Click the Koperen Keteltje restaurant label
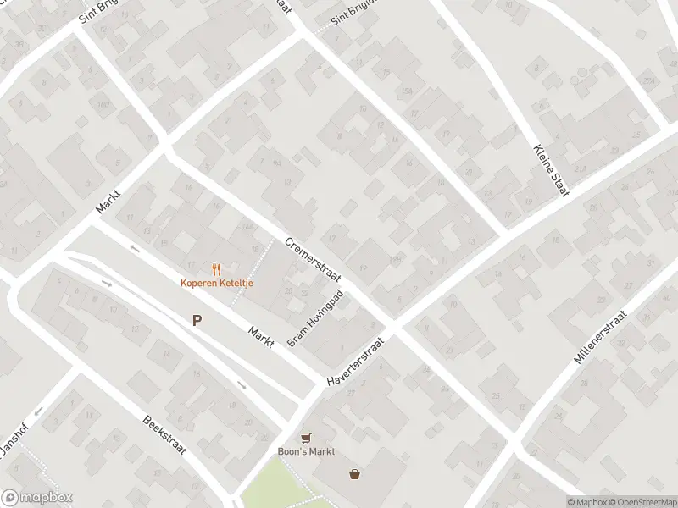click(215, 283)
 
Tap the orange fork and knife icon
click(216, 269)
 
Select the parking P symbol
click(197, 321)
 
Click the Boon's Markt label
click(307, 451)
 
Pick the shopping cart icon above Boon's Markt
click(307, 438)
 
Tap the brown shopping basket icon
click(354, 474)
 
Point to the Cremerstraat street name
click(312, 260)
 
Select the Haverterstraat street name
click(356, 363)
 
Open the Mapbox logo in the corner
click(36, 498)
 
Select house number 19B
click(395, 259)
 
